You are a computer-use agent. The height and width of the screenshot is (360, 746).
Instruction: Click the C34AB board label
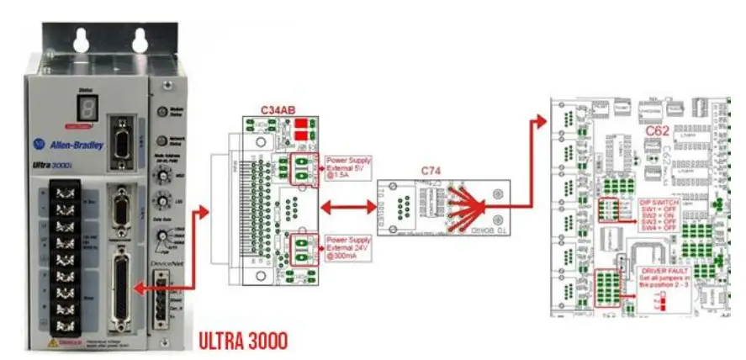tap(278, 108)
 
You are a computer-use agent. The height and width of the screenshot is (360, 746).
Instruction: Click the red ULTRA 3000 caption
tap(243, 341)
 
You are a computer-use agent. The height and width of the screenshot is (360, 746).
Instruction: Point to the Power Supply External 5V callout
tap(347, 168)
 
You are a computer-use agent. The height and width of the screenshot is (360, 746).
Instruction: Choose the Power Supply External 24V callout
tap(348, 250)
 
